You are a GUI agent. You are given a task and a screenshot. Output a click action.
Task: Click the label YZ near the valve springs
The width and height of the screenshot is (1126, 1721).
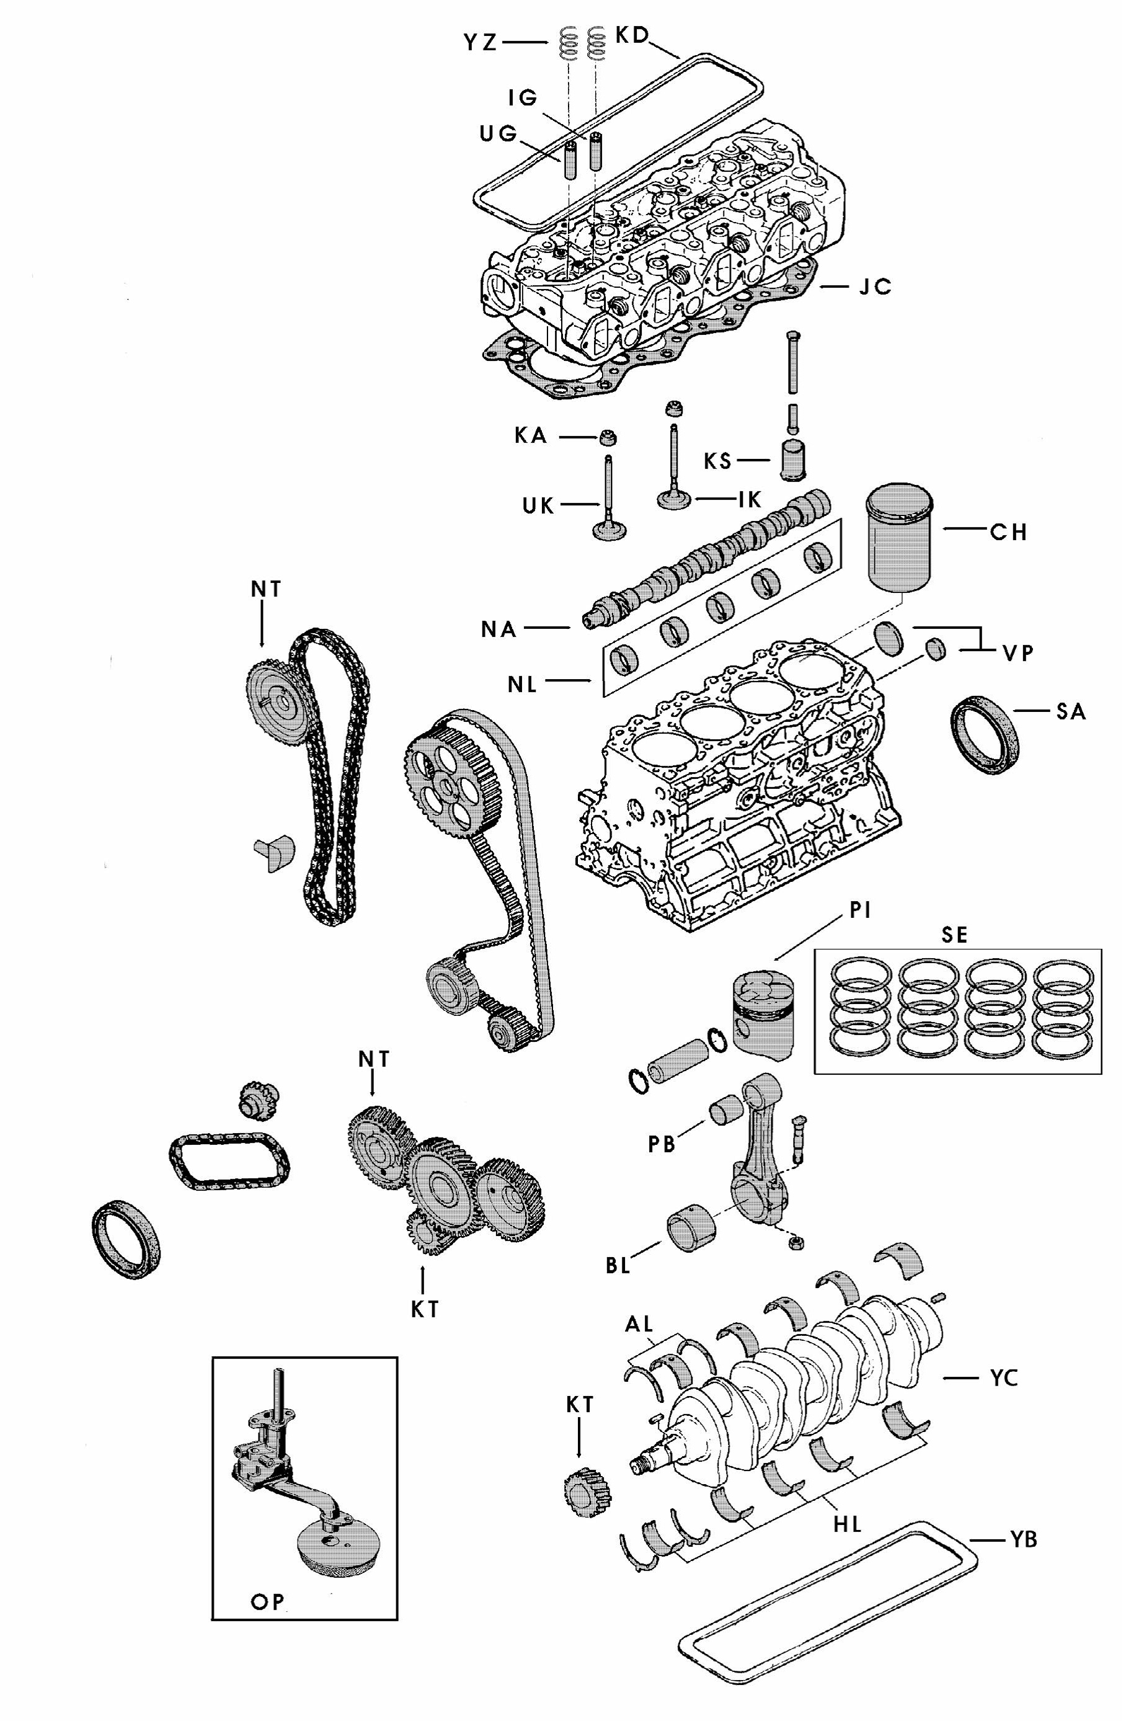click(480, 43)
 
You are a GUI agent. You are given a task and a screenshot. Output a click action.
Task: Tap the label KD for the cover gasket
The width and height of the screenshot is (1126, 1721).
click(632, 35)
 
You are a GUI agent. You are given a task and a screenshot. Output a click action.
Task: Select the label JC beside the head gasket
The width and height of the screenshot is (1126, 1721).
click(874, 287)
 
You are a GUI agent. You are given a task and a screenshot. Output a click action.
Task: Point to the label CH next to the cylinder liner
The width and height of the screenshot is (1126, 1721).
click(1008, 532)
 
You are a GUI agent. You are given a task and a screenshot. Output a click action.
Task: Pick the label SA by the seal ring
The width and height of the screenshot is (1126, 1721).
click(1070, 711)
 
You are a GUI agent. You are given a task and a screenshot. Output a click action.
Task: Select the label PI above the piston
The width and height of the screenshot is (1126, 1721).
click(859, 910)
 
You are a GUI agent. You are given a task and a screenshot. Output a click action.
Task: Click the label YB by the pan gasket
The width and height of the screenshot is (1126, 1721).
click(1022, 1539)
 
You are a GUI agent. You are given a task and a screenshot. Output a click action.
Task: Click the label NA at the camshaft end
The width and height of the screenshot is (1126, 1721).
click(499, 629)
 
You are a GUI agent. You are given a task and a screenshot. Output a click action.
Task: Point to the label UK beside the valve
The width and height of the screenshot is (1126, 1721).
click(538, 505)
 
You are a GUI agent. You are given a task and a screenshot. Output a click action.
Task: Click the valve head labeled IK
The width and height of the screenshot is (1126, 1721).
click(675, 500)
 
